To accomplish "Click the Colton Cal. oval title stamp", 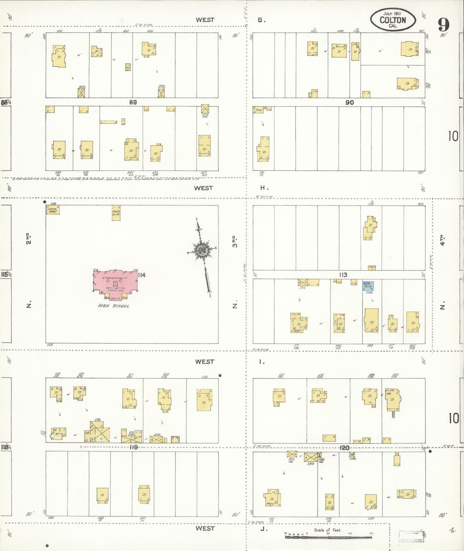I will tap(393, 20).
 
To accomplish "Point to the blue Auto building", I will tap(368, 286).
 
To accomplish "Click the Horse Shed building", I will tap(53, 210).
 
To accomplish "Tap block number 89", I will tap(133, 102).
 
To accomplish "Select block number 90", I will tap(349, 103).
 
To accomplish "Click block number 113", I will tap(343, 275).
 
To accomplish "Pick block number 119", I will tap(133, 447).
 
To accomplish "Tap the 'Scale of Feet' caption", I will tap(328, 530).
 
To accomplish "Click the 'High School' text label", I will tap(113, 306).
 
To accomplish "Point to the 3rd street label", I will tap(235, 241).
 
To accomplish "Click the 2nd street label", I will tap(29, 239).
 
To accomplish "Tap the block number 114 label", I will tap(142, 275).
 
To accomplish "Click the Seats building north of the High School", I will tap(116, 213).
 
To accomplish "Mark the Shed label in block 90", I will tap(259, 110).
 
